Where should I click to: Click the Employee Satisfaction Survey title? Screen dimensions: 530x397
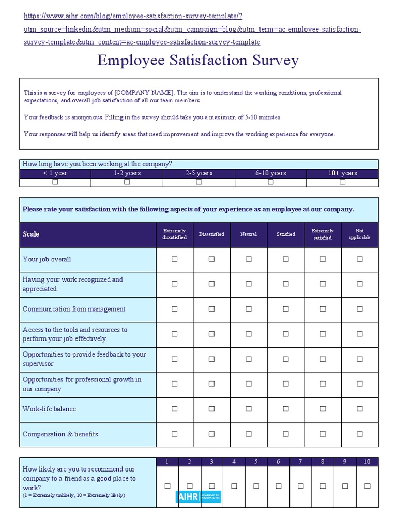pos(198,61)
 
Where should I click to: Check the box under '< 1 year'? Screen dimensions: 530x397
pos(55,182)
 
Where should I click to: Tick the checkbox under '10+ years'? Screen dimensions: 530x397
pos(342,182)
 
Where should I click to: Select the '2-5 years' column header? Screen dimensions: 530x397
pos(198,173)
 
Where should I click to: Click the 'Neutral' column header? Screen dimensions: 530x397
pos(249,234)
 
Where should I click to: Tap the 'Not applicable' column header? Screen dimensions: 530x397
pos(360,234)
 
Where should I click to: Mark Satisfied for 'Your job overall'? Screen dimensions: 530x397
pos(286,259)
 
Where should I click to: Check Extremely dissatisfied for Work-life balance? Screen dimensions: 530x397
pos(175,409)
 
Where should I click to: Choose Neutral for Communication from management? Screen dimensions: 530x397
pos(249,309)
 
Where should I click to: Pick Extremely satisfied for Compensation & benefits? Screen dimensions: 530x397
pos(323,434)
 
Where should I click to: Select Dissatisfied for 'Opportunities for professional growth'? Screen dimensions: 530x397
pos(211,384)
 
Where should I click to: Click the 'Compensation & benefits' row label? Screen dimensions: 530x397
pos(60,434)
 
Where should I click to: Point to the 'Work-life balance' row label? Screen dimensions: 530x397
pos(49,409)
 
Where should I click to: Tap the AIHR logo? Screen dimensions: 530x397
pos(198,496)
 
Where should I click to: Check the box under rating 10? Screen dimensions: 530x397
pos(368,486)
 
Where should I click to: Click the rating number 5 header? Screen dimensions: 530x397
pos(256,461)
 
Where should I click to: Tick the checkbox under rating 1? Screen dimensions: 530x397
pos(167,486)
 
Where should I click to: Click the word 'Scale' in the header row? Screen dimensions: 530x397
pos(31,234)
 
